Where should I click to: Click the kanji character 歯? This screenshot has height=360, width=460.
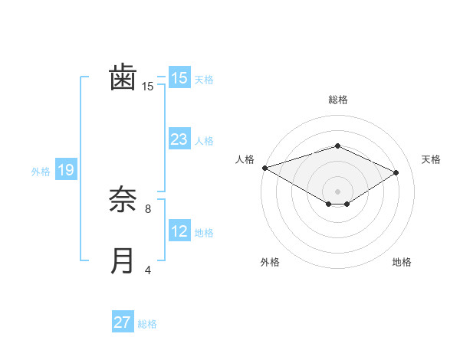123,78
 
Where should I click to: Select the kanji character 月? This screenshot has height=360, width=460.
123,260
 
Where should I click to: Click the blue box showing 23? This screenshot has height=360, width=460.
179,139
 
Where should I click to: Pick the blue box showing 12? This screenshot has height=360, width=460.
179,231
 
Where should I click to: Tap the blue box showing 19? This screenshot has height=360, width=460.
65,170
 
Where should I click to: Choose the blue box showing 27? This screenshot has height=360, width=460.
123,322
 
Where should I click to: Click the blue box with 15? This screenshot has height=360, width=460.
179,78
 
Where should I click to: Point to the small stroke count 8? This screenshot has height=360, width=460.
148,208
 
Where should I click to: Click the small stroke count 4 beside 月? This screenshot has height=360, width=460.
148,270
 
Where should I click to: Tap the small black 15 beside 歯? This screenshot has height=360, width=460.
148,87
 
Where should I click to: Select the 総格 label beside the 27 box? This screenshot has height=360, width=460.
147,324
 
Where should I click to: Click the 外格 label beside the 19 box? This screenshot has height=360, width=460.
41,172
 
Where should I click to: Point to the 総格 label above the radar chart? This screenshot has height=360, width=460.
337,100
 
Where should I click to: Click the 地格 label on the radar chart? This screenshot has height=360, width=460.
402,263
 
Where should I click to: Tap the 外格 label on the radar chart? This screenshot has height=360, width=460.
270,263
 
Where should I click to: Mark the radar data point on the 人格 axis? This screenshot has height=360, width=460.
264,167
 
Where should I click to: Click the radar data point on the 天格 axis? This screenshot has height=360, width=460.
396,172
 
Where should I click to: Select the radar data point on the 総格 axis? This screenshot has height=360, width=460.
337,146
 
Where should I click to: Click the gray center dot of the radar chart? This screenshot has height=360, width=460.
337,191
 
